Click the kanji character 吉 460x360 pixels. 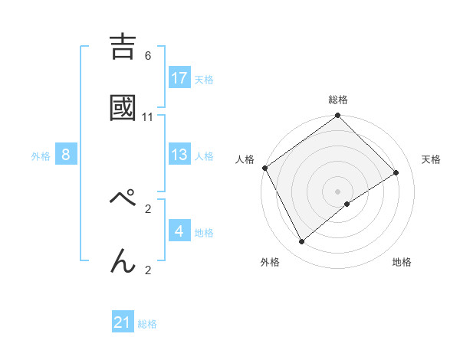[x=123, y=47]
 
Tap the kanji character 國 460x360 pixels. [x=123, y=109]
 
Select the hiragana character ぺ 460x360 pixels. [x=123, y=200]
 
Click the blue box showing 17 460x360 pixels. [x=179, y=78]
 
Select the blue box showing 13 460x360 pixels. [x=179, y=155]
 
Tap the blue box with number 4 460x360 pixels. [x=179, y=231]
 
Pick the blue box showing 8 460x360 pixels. [x=66, y=155]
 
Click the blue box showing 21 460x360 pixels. [x=123, y=322]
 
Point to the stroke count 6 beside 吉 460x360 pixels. [x=148, y=55]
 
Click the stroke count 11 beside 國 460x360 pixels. [x=148, y=117]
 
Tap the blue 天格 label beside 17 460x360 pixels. [x=204, y=79]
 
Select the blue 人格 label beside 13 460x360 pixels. [x=204, y=155]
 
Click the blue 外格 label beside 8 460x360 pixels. [x=41, y=155]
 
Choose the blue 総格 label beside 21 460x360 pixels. [x=147, y=323]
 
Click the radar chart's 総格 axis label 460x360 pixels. [x=338, y=100]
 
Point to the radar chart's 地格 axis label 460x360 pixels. [x=402, y=262]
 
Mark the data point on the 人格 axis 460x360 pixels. [x=264, y=168]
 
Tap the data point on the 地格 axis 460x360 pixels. [x=347, y=204]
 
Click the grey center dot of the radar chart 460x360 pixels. [x=338, y=191]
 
